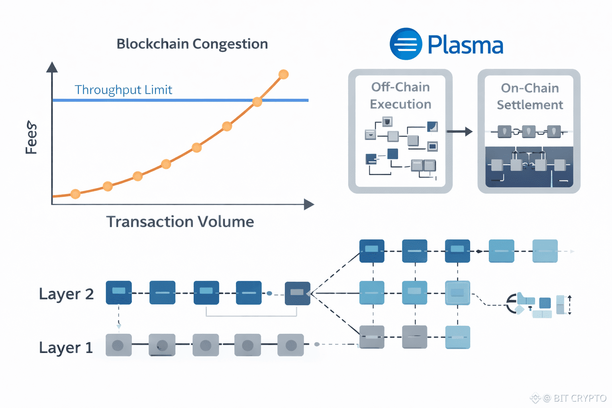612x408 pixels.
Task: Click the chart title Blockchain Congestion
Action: [192, 44]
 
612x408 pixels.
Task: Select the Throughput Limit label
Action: [123, 90]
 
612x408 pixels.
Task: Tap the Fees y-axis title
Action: [31, 137]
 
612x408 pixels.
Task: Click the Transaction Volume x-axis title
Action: [180, 222]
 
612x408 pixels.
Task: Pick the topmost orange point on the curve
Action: [283, 74]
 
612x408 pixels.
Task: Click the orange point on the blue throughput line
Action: [257, 102]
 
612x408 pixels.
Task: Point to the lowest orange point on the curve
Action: [75, 194]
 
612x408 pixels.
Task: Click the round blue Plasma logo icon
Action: [406, 44]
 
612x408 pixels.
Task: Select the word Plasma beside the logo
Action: [465, 45]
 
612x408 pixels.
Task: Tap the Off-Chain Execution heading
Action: [400, 96]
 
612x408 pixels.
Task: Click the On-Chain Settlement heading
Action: [530, 96]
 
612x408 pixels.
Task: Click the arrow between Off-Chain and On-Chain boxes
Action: [460, 131]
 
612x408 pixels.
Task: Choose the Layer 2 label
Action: [66, 294]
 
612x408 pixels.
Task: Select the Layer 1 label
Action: [66, 348]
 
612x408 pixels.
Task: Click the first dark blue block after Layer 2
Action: [119, 292]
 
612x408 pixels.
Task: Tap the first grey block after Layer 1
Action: [118, 345]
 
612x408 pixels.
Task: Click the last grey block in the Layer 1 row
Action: [290, 345]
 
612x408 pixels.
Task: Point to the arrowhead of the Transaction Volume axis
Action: [309, 204]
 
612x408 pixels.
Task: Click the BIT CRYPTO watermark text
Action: [580, 398]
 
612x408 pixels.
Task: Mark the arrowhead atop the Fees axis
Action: [52, 67]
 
